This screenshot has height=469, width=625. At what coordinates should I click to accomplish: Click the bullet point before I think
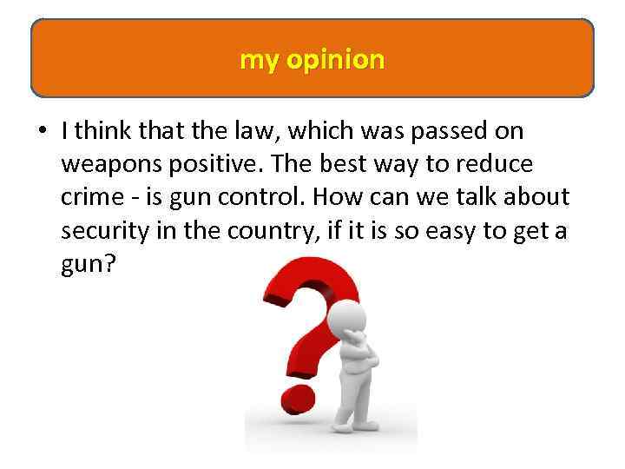[41, 132]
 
